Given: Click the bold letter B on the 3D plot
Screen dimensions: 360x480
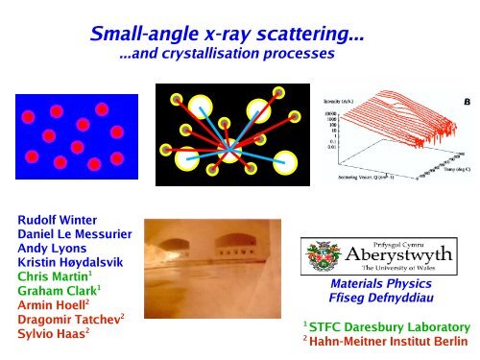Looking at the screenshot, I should [467, 101].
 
